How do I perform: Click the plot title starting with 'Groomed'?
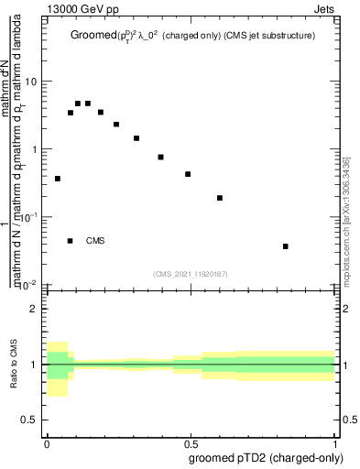[195, 37]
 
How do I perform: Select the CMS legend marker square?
[71, 241]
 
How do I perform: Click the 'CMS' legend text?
[95, 241]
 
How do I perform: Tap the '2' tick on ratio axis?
[34, 310]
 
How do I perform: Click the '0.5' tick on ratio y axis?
[30, 420]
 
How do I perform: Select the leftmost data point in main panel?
[58, 179]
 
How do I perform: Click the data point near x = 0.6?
[220, 198]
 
